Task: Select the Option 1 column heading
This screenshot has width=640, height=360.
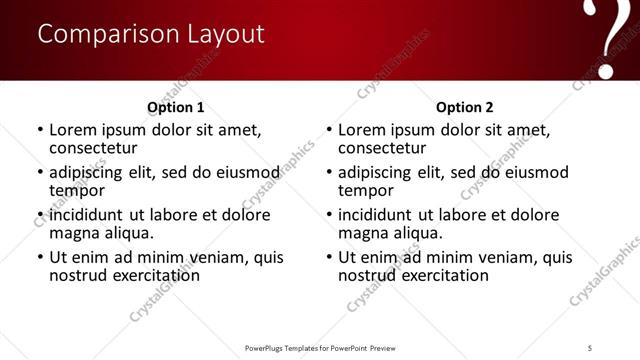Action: [x=176, y=107]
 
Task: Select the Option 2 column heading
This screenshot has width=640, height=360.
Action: [x=465, y=107]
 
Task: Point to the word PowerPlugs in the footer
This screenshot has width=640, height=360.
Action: [x=269, y=348]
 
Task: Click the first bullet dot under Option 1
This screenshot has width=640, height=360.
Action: [x=39, y=130]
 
